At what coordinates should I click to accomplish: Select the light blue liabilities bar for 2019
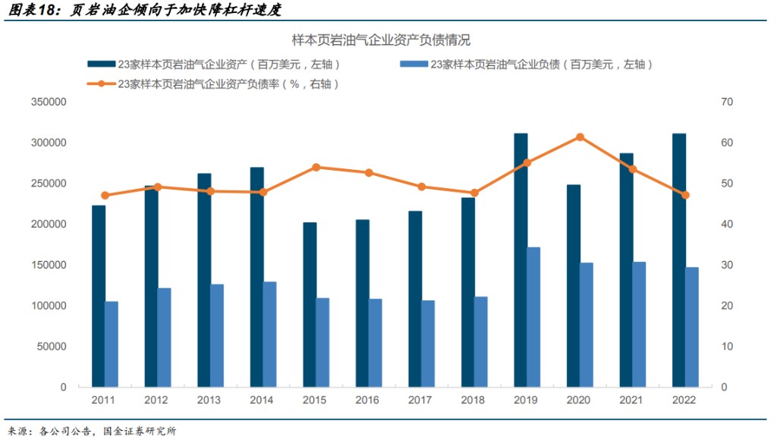[533, 317]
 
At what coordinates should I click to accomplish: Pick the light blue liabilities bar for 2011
[112, 344]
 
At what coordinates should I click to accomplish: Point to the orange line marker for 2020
[580, 137]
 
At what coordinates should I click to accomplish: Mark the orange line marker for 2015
[316, 167]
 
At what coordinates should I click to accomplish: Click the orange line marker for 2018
[474, 193]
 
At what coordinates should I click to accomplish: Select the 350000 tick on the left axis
[49, 102]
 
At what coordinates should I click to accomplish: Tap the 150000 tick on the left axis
[49, 265]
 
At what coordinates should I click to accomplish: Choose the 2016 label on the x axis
[367, 401]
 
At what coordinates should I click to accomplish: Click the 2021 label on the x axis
[631, 401]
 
